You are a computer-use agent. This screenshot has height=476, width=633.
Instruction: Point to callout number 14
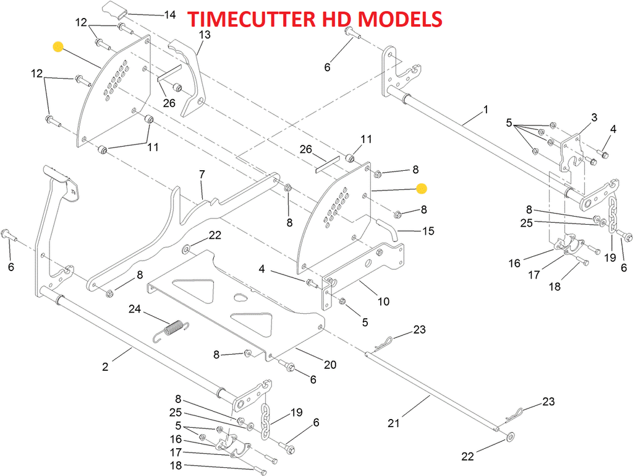(168, 14)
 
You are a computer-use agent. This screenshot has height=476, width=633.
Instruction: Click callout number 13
(204, 35)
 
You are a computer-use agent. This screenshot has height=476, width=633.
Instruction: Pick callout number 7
(202, 175)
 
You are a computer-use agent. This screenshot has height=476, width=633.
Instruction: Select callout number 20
(330, 365)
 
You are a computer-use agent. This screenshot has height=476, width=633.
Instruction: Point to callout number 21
(394, 423)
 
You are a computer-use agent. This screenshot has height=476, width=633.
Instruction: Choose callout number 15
(428, 231)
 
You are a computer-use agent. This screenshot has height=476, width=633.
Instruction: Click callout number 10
(383, 301)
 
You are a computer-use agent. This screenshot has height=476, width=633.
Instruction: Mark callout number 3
(594, 117)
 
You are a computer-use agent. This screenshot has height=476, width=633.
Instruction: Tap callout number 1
(503, 110)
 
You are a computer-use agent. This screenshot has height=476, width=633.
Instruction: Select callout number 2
(105, 367)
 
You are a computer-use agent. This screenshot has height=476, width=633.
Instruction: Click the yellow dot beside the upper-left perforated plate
(58, 46)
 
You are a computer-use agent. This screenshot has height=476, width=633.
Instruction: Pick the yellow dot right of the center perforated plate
(422, 187)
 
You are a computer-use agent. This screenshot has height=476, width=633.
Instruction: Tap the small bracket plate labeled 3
(571, 152)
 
